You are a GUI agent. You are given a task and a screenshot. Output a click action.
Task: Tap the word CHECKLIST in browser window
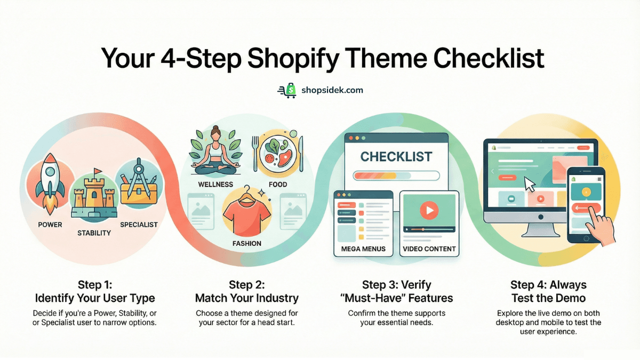[x=396, y=157]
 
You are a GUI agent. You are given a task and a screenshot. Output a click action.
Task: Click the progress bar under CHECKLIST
[x=396, y=175]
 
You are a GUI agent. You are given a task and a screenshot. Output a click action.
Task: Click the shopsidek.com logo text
[x=332, y=90]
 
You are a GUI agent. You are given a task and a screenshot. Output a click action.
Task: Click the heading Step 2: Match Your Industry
[x=246, y=291]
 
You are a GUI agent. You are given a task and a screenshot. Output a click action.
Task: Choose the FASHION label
[x=246, y=243]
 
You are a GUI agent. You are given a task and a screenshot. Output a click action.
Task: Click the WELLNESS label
[x=215, y=185]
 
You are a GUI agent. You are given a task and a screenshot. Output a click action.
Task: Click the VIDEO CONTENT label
[x=429, y=249]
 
